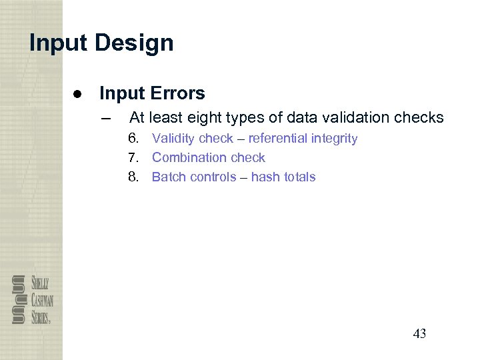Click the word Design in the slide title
point(134,43)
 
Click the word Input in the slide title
point(59,43)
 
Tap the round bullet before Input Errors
point(77,93)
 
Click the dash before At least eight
point(104,118)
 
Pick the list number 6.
point(134,139)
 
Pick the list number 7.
point(134,158)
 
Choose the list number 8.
point(134,177)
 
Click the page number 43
point(419,334)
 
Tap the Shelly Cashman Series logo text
point(42,299)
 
